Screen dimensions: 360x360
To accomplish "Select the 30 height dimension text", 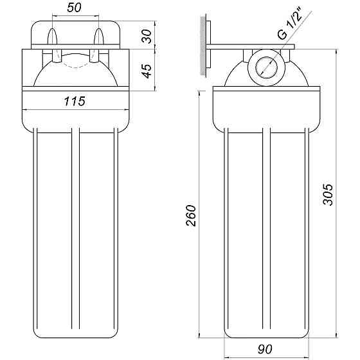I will point(147,36).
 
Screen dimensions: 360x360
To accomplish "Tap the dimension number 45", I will point(147,69).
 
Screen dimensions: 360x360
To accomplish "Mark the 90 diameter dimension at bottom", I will point(265,349).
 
